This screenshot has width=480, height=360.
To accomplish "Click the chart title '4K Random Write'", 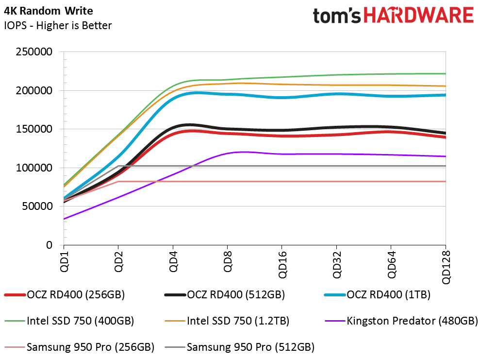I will click(x=49, y=11).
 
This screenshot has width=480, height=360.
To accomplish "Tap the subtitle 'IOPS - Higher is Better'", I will click(x=58, y=25).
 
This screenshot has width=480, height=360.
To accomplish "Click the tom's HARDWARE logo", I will click(x=393, y=16).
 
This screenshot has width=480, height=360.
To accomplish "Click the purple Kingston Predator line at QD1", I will click(x=64, y=219).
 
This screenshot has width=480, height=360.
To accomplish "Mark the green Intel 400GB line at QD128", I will click(x=445, y=74).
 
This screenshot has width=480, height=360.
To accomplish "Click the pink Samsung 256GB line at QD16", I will click(x=282, y=181).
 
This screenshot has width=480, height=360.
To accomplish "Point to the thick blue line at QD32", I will click(x=336, y=94).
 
